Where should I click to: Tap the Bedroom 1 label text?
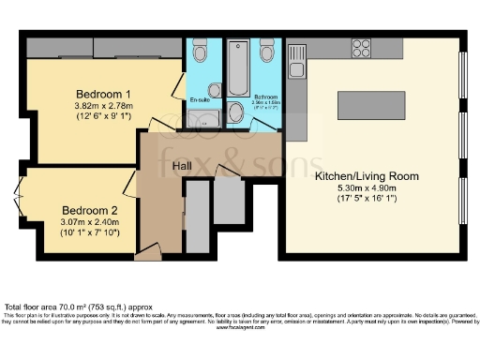coord(103,94)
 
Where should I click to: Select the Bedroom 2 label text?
coord(90,210)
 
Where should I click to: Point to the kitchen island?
coord(372,100)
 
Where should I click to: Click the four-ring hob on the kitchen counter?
coord(361,45)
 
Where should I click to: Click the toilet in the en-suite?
coord(199,53)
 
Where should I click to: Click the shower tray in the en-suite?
coord(202,118)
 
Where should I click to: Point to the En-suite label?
coord(199,98)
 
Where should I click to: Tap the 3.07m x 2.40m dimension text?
coord(90,222)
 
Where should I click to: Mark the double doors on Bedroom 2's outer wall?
coord(20,193)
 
